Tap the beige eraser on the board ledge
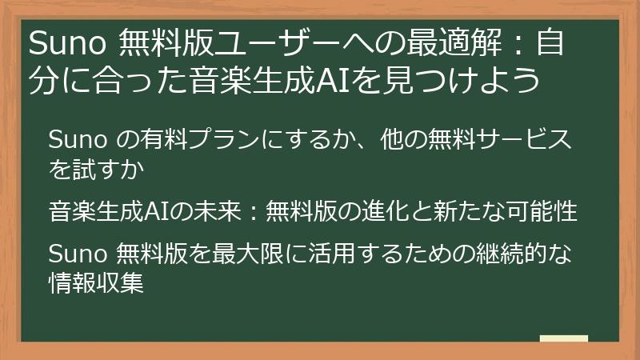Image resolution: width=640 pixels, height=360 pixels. pyautogui.click(x=564, y=338)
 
